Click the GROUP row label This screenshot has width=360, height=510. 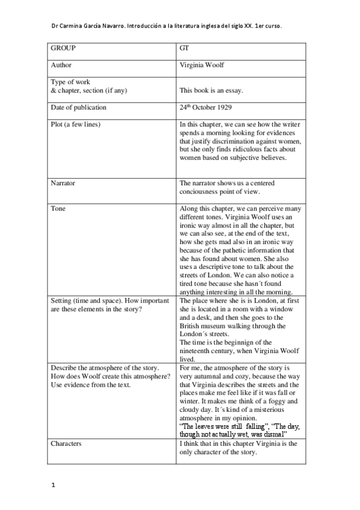tap(63, 48)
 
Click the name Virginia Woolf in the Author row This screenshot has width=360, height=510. tap(203, 65)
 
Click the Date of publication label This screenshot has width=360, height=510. tap(79, 108)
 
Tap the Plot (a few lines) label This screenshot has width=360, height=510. tap(76, 124)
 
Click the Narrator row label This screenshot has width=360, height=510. tap(63, 183)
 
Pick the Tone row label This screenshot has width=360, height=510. tap(58, 209)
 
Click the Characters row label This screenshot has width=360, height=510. tap(66, 443)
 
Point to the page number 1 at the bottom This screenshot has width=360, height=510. tap(53, 485)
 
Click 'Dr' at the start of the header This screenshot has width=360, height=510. tap(55, 26)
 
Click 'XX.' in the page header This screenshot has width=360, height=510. tap(244, 26)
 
